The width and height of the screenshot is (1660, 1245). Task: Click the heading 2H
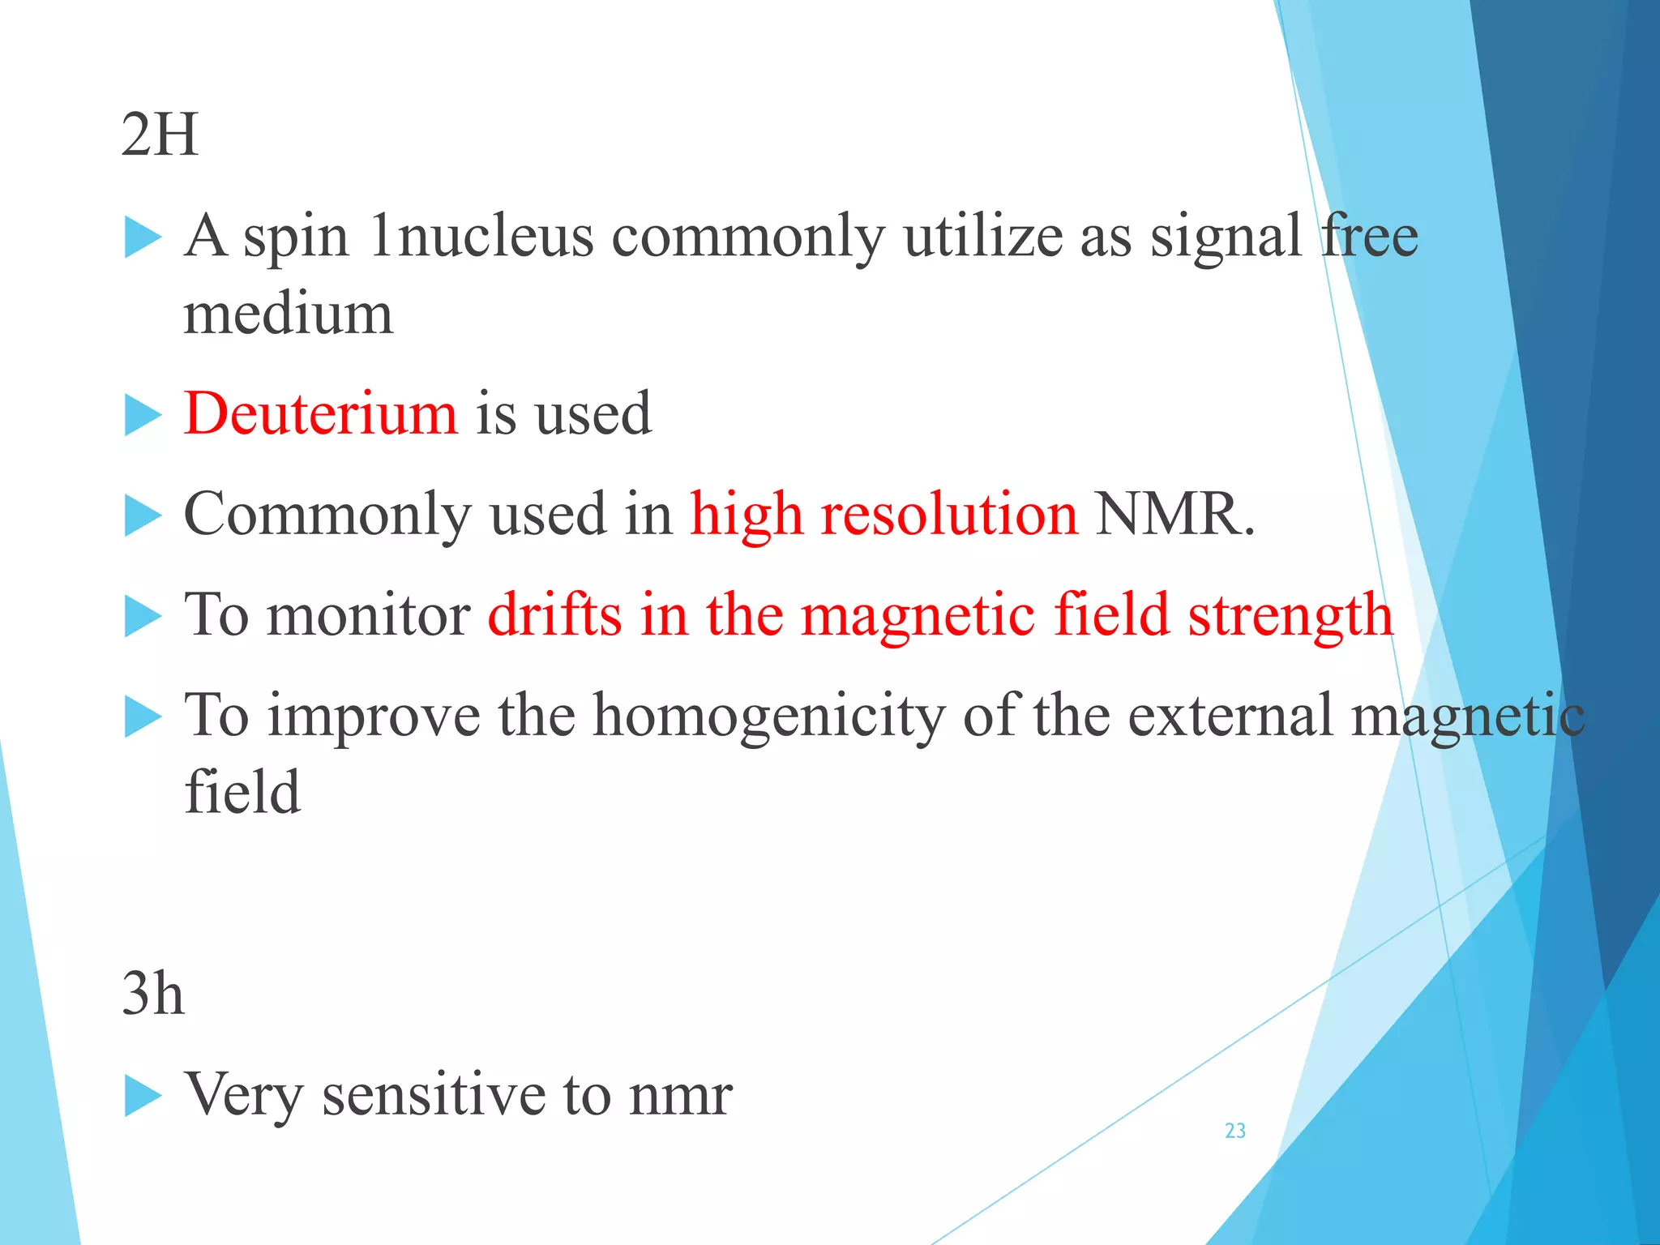coord(160,135)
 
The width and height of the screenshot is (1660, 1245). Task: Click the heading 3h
coord(152,994)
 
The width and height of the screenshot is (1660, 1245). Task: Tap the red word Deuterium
coord(321,413)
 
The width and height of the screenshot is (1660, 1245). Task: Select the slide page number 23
coord(1235,1131)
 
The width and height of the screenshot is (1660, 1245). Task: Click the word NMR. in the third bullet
coord(1174,514)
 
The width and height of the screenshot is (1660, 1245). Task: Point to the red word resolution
coord(949,514)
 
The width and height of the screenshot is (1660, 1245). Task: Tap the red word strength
coord(1290,614)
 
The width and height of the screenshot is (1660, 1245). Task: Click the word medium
coord(289,314)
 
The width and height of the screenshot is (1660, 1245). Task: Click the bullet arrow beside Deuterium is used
coord(143,416)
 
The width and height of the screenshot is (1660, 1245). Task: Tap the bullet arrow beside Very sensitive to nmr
coord(143,1097)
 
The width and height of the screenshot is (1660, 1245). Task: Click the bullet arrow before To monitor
coord(143,617)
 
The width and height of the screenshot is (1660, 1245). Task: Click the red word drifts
coord(555,614)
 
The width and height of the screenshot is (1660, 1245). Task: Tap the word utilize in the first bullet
coord(983,237)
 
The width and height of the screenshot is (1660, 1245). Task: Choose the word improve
coord(374,717)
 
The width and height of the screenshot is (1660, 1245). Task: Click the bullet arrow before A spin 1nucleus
coord(143,238)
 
